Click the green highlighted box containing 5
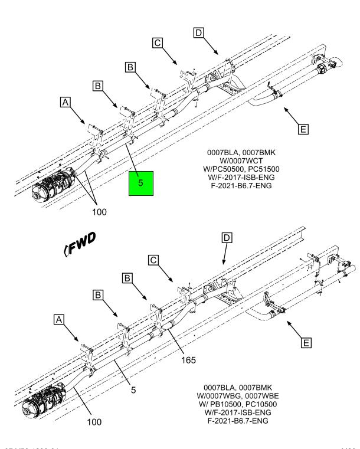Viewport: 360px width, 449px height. coord(140,183)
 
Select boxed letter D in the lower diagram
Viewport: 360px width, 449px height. coord(227,238)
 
